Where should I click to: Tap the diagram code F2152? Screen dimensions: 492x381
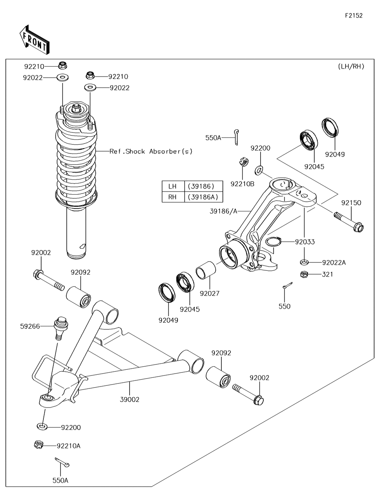pos(354,16)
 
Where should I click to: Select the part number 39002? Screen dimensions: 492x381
pos(130,399)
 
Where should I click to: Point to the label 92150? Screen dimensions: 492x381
pos(351,203)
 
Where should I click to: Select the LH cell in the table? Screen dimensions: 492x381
pos(173,186)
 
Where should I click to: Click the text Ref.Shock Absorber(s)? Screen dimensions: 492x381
pos(151,152)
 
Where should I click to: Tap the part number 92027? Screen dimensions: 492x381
pos(210,293)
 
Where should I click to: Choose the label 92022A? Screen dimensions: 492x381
pos(334,262)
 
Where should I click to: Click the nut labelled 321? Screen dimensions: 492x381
pos(304,274)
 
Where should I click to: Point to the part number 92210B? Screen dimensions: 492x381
pos(242,184)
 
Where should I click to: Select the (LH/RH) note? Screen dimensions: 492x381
pos(351,66)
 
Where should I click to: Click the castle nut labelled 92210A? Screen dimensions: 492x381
pos(39,444)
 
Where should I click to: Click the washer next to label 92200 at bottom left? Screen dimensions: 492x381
pos(42,426)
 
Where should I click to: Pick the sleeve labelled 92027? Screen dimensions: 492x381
pos(206,270)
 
